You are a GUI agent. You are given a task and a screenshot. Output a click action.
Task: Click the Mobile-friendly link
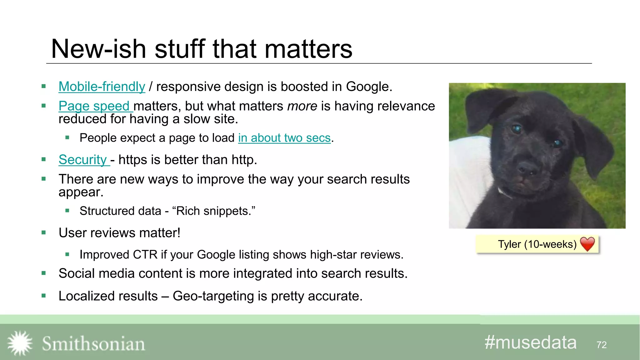[x=102, y=87]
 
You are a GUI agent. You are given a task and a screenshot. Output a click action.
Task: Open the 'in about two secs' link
[x=284, y=138]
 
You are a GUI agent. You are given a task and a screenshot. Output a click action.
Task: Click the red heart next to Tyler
[x=587, y=244]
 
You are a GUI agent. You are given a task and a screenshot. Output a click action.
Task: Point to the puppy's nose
[x=528, y=170]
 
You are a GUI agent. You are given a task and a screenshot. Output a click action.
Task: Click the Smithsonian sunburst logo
[x=20, y=343]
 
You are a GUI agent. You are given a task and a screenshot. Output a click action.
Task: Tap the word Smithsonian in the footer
[x=93, y=344]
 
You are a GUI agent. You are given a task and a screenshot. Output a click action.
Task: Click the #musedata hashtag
[x=530, y=342]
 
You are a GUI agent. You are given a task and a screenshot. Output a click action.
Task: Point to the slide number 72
[x=601, y=345]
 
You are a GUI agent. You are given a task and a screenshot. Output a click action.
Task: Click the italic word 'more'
[x=302, y=106]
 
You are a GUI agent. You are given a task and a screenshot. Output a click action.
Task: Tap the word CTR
[x=145, y=255]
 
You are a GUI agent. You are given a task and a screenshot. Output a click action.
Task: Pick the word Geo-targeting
[x=213, y=296]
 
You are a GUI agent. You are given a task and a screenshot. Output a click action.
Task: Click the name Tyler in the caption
[x=509, y=244]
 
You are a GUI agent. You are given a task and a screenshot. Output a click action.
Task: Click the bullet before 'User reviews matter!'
[x=44, y=232]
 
